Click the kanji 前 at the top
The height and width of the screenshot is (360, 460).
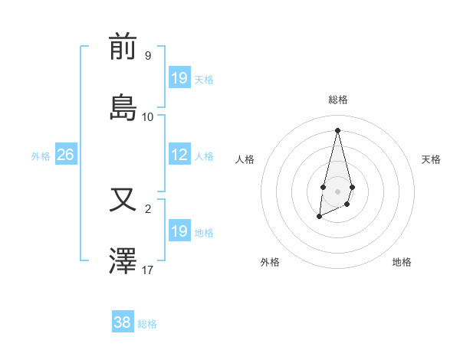coord(123,47)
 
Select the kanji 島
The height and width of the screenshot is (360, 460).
coord(123,107)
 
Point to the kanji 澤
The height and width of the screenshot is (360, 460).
coord(123,261)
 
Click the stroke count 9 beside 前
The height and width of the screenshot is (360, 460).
coord(147,56)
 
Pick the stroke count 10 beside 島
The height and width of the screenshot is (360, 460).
coord(148,116)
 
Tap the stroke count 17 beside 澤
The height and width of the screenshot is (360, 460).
coord(148,270)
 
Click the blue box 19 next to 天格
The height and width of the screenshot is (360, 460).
coord(179,77)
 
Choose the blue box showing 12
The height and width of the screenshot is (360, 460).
coord(179,155)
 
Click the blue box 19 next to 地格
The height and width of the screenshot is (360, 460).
coord(179,231)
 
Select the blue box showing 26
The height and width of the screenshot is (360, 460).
coord(65,155)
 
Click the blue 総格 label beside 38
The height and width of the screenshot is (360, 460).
coord(147,324)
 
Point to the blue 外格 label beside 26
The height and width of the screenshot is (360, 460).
coord(41,156)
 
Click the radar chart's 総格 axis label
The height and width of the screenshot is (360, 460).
coord(338,100)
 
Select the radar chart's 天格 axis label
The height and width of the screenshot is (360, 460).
coord(431,159)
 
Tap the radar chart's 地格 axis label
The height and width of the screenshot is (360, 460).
coord(402,262)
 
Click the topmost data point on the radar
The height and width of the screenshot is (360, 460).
coord(337,129)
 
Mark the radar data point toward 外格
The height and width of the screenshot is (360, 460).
coord(319,217)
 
